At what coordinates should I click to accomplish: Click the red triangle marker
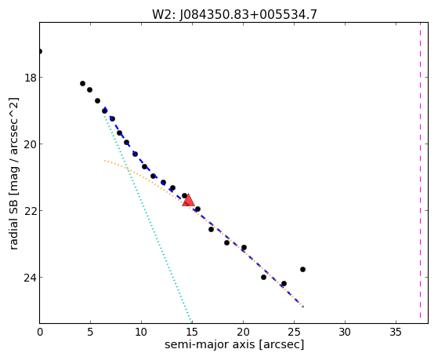tap(188, 200)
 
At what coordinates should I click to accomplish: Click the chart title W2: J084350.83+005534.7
tap(234, 14)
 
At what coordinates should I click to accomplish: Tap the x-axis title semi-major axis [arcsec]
tap(234, 344)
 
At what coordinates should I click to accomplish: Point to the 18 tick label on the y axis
tap(31, 78)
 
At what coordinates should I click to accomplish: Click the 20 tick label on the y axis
tap(31, 144)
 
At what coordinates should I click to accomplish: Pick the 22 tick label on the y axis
tap(31, 211)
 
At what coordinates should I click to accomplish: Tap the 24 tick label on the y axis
tap(31, 277)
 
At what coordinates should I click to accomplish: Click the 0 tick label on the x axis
tap(40, 333)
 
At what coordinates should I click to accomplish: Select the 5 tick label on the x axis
tap(90, 333)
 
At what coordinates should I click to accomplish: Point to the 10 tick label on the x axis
tap(141, 333)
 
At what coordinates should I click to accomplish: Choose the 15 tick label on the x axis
tap(192, 333)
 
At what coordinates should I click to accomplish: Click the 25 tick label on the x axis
tap(294, 333)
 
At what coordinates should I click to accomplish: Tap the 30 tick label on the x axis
tap(345, 333)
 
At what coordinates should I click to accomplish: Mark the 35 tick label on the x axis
tap(396, 333)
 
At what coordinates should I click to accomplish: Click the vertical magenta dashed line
tap(420, 173)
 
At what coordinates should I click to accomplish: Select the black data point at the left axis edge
tap(40, 51)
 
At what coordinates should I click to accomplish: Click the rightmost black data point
tap(302, 269)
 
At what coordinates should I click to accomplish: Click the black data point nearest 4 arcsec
tap(82, 83)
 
